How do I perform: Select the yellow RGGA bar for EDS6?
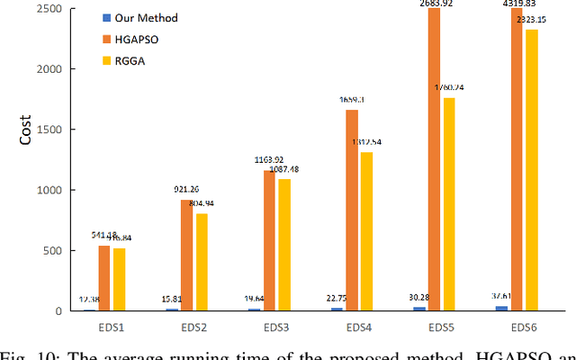pyautogui.click(x=531, y=170)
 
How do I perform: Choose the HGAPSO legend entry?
pyautogui.click(x=131, y=40)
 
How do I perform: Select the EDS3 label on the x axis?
pyautogui.click(x=269, y=325)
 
